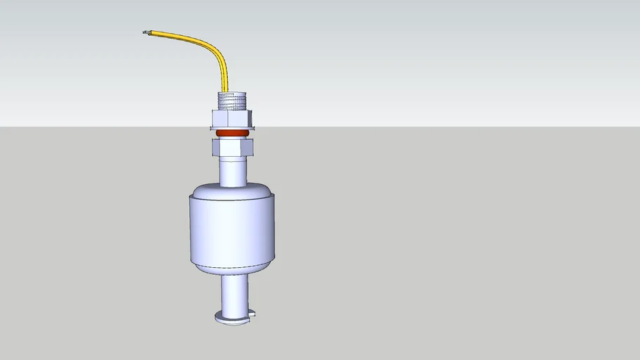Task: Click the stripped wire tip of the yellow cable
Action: [146, 32]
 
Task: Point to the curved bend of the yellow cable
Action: [211, 45]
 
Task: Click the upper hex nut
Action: [231, 117]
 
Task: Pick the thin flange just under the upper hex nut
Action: [232, 128]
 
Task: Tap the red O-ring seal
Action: [232, 133]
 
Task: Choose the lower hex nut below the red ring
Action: [232, 147]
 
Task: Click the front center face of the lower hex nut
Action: [232, 148]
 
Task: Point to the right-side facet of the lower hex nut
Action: [248, 147]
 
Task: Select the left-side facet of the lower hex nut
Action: [216, 147]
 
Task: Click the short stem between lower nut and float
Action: [232, 171]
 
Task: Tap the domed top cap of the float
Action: [232, 190]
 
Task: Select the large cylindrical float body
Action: [232, 229]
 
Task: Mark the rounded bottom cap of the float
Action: [232, 268]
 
